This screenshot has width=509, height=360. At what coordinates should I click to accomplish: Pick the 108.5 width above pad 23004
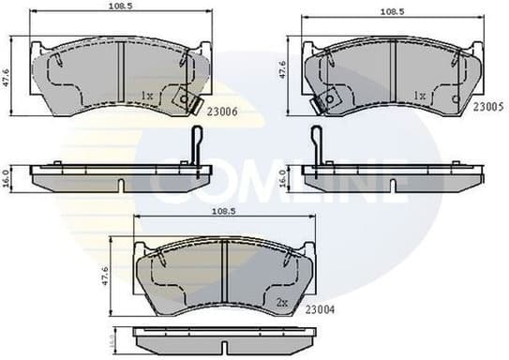coord(221,213)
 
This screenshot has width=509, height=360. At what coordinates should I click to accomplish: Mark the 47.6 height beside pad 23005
coord(285,71)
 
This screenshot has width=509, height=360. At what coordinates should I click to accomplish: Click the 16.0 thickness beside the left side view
coord(8,177)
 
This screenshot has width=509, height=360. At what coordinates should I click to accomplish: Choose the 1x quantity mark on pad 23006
coord(146,96)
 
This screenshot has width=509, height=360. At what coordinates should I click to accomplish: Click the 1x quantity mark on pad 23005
coord(420,96)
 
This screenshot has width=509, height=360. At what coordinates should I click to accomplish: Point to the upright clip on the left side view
coord(195,150)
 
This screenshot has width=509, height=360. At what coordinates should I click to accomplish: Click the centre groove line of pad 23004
coord(225,272)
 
